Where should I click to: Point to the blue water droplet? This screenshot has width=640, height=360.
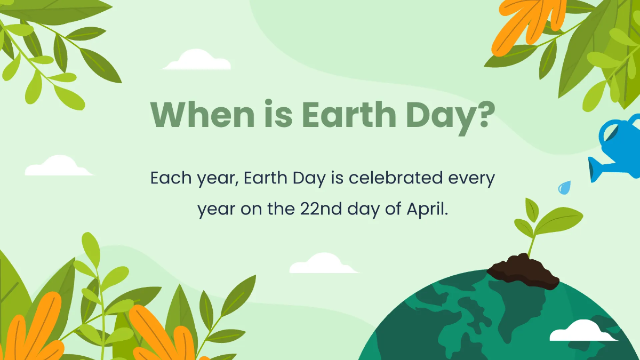(x=564, y=187)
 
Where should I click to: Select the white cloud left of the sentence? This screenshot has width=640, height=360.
(x=59, y=166)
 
